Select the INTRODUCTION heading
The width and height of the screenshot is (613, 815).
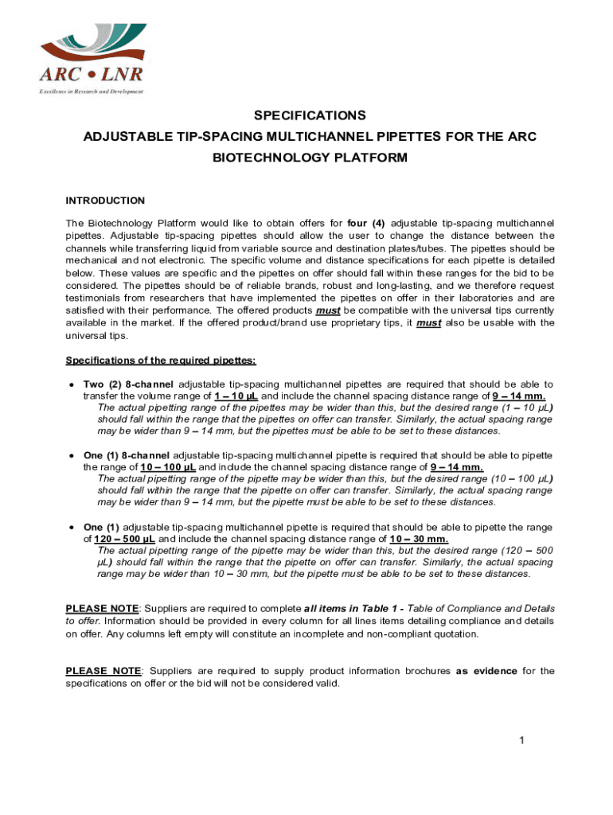coord(105,201)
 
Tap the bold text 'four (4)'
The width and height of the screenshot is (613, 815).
coord(369,222)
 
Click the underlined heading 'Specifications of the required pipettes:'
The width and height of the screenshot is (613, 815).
coord(161,361)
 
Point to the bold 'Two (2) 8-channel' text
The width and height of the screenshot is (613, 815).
coord(128,384)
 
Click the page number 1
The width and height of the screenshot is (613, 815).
coord(521,742)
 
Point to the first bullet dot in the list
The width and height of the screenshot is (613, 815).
coord(72,385)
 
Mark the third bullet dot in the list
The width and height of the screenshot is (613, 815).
coord(72,527)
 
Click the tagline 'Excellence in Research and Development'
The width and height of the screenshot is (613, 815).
coord(92,92)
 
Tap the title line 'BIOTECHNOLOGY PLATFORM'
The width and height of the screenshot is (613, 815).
coord(310,158)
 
